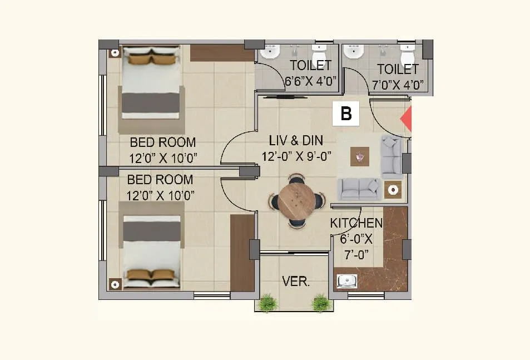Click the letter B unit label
pyautogui.click(x=346, y=114)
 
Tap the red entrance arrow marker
pyautogui.click(x=407, y=118)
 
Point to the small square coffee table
pyautogui.click(x=361, y=157)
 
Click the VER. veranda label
pyautogui.click(x=296, y=282)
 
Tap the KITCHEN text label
pyautogui.click(x=356, y=223)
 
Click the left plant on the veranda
pyautogui.click(x=268, y=303)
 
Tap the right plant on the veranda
pyautogui.click(x=321, y=303)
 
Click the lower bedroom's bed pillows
pyautogui.click(x=151, y=275)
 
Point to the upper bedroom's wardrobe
pyautogui.click(x=222, y=52)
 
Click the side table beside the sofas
pyautogui.click(x=393, y=190)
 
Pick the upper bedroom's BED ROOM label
pyautogui.click(x=163, y=142)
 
